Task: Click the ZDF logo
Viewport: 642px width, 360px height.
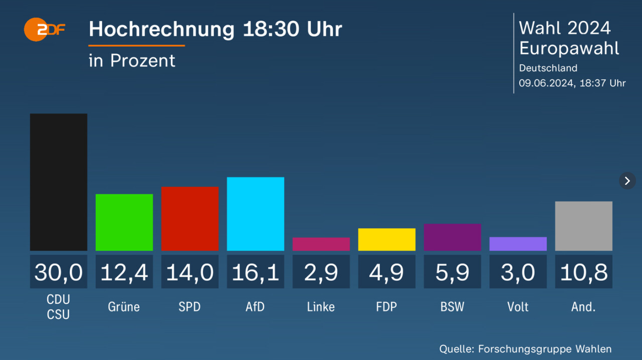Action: pos(44,30)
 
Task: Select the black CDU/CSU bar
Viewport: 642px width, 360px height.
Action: pos(58,182)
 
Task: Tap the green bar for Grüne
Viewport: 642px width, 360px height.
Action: pos(124,223)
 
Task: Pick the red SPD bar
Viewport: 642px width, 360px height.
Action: pos(190,219)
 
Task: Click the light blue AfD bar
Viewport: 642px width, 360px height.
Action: pos(256,214)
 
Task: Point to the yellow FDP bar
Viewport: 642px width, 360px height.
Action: pos(386,240)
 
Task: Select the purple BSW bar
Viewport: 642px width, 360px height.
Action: pos(452,237)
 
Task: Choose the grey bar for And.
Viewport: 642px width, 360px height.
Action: pos(584,226)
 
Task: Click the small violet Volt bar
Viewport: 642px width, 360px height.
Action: pos(518,244)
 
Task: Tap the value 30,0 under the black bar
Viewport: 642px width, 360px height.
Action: pos(58,272)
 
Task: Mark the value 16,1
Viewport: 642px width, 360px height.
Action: pos(256,272)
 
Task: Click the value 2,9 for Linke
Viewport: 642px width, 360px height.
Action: pos(321,272)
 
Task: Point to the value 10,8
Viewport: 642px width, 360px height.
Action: pos(584,272)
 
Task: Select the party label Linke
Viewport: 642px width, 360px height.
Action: pos(321,307)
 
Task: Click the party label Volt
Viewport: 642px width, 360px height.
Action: pos(518,307)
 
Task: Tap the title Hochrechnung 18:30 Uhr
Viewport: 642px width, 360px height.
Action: pos(215,29)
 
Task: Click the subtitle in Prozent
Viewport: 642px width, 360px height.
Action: pos(132,61)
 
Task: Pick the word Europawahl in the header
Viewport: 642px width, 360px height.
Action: pos(569,48)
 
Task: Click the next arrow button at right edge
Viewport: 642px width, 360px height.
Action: pos(627,181)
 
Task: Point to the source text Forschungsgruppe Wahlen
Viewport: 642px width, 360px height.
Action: pos(545,349)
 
